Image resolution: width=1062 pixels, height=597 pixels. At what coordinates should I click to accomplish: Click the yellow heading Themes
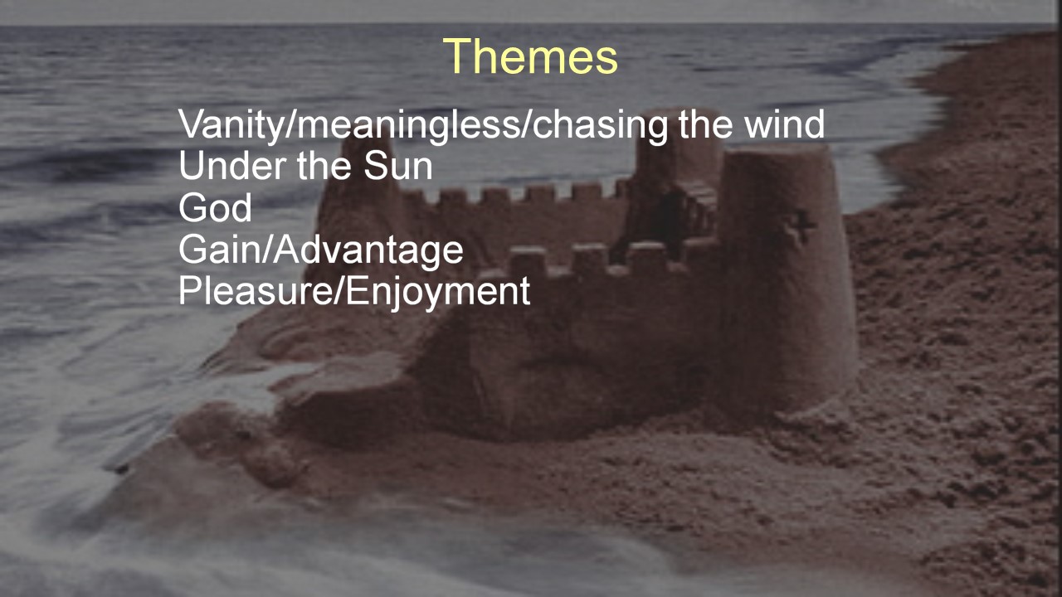(x=530, y=56)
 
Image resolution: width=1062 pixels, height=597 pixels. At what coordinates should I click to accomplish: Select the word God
(x=215, y=207)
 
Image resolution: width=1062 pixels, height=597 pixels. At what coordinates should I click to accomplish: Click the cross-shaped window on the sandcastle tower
(x=801, y=226)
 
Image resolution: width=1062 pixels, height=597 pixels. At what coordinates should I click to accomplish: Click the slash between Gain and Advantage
(x=266, y=250)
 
